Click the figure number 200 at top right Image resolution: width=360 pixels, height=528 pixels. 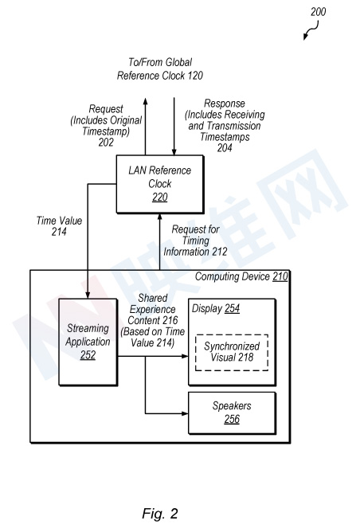point(318,12)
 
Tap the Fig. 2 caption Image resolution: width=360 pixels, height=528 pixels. point(159,514)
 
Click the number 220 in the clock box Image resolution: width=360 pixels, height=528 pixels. point(159,197)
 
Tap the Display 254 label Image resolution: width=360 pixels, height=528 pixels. point(216,308)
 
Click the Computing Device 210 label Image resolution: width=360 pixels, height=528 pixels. point(241,276)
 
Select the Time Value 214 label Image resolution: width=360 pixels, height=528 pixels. point(59,226)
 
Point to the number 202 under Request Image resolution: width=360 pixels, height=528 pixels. point(106,143)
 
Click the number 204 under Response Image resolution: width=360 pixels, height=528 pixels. point(225,148)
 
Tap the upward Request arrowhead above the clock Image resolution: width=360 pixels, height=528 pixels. point(145,101)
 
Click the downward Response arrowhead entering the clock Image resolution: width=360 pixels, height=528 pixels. point(174,151)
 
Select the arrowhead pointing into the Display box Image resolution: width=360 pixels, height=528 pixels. point(184,356)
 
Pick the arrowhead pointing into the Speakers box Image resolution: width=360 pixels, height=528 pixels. point(184,413)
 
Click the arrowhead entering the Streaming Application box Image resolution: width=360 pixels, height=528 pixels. point(88,295)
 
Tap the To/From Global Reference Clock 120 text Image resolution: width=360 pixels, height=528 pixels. point(160,68)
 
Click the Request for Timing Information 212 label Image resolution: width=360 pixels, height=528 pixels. point(195,241)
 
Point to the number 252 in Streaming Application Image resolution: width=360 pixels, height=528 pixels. point(88,355)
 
